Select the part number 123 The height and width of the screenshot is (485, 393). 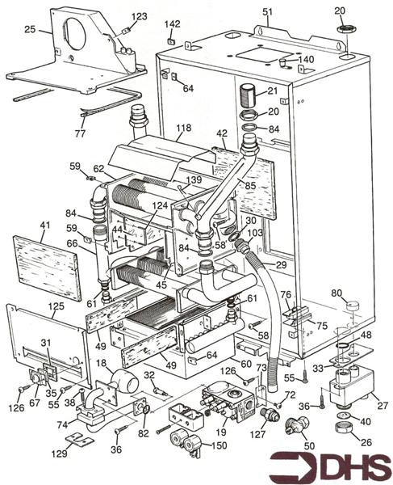tap(140, 16)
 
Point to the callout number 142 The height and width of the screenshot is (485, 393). tap(173, 25)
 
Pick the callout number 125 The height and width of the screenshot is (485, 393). tap(56, 307)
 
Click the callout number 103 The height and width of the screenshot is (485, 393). tap(255, 232)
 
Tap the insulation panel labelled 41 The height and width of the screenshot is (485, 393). tap(48, 264)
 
